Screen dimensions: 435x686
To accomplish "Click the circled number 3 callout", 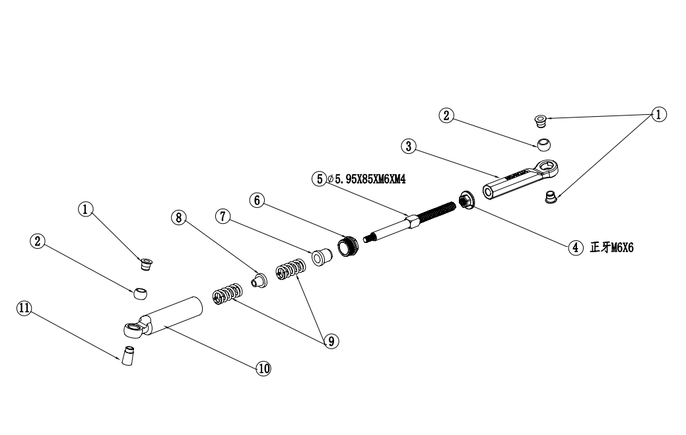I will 409,147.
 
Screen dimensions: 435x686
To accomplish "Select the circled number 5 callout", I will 320,178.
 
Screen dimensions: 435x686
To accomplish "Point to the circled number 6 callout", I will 257,199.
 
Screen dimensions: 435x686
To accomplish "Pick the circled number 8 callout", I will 178,218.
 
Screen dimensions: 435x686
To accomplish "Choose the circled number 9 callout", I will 331,340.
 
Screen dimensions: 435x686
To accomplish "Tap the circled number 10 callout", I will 263,368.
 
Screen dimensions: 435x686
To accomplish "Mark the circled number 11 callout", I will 24,308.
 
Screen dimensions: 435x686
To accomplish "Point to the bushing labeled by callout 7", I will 320,256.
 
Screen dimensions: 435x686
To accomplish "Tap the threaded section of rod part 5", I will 436,211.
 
